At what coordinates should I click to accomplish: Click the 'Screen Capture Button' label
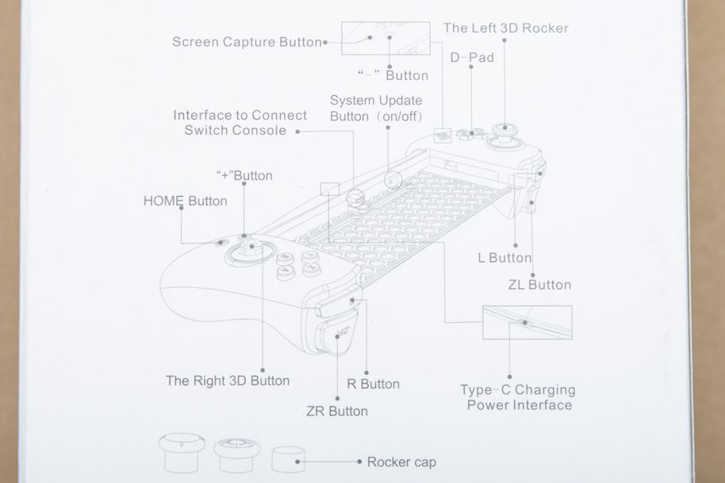click(247, 42)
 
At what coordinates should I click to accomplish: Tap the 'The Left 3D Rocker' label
click(505, 28)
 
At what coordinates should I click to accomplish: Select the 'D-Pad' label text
click(472, 57)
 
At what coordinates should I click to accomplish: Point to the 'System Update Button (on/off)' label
click(376, 109)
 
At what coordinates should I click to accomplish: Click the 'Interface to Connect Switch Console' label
click(240, 123)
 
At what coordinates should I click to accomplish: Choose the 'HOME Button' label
click(185, 201)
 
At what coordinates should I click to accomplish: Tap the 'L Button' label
click(504, 258)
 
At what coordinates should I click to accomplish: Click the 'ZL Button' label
click(539, 285)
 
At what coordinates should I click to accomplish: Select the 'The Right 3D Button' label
click(228, 381)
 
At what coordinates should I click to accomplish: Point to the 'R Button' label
click(373, 384)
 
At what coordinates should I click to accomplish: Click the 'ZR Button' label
click(336, 412)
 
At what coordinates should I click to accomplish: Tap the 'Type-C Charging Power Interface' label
click(518, 397)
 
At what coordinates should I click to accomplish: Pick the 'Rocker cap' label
click(401, 462)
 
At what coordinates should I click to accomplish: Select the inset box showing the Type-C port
click(527, 322)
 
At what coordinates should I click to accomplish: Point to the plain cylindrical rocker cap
click(289, 458)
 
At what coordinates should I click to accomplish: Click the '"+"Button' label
click(244, 175)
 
